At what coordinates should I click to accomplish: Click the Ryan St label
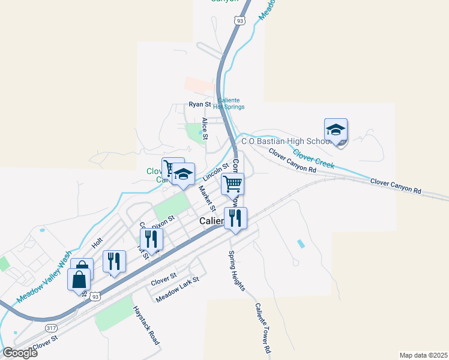point(199,104)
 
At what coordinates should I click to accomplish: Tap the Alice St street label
point(205,128)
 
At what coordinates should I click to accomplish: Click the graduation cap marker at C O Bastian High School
point(336,130)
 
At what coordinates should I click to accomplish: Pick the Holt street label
point(97,242)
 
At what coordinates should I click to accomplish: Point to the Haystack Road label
point(146,325)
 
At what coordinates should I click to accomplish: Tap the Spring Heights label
point(236,271)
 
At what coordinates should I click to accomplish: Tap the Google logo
point(20,352)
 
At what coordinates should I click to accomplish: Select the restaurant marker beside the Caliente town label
point(235,218)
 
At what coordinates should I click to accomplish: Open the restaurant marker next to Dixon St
point(151,240)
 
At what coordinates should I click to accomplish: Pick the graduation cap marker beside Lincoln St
point(184,175)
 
